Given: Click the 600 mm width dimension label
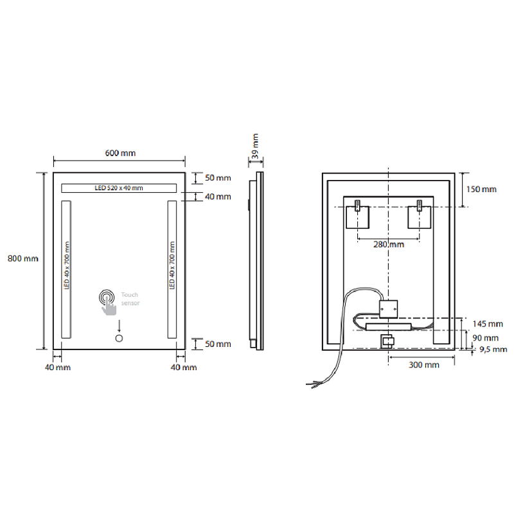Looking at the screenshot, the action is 120,153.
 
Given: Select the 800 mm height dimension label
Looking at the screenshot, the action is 23,259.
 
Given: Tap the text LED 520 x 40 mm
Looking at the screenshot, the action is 119,188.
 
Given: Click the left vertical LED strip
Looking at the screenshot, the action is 66,269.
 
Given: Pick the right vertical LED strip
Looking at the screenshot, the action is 172,269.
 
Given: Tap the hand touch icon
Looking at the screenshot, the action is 108,302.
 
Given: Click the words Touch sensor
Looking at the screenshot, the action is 130,299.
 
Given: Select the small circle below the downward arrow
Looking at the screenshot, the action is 119,339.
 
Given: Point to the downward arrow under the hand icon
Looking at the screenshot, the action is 119,326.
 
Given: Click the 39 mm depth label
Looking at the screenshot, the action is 255,146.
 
